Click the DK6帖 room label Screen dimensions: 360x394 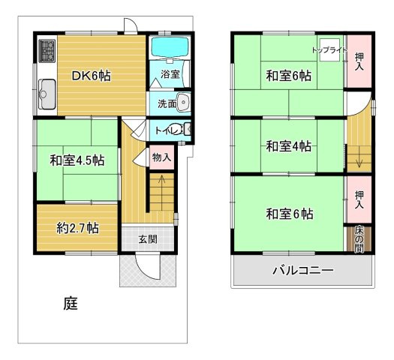(92, 75)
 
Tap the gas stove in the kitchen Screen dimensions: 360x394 (47, 51)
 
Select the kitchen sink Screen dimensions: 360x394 (47, 93)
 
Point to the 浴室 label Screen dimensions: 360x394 (170, 74)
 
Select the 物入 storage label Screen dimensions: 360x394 (161, 157)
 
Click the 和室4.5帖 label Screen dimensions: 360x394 (77, 160)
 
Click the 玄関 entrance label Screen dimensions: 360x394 (148, 239)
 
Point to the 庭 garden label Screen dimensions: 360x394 (70, 304)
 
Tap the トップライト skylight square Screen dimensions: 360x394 (329, 48)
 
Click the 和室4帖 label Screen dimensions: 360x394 (288, 146)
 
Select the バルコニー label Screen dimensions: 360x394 (302, 270)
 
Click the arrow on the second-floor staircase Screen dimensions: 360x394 (359, 159)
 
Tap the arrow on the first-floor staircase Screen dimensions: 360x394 (159, 183)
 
